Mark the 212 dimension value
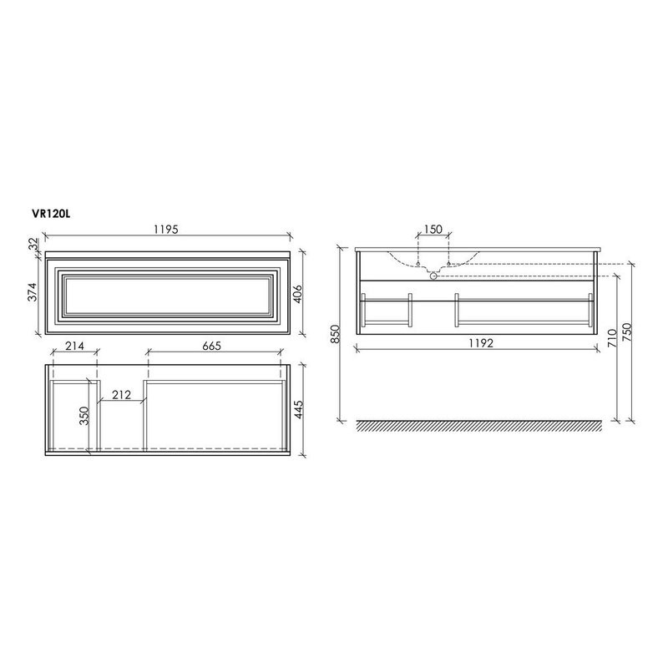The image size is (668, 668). point(122,395)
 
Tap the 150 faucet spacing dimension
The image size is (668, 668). point(433,230)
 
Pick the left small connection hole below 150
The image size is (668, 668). point(418,264)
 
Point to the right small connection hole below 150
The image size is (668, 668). point(448,264)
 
